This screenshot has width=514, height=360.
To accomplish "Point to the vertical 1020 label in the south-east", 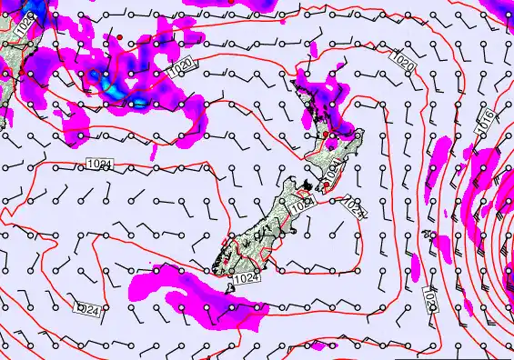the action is (429, 297).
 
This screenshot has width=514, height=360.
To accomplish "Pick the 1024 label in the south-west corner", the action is (86, 310).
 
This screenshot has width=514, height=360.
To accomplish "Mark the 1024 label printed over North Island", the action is (336, 168).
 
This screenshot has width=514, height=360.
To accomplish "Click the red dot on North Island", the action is (326, 135).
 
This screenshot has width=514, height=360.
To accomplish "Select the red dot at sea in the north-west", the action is (118, 36).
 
